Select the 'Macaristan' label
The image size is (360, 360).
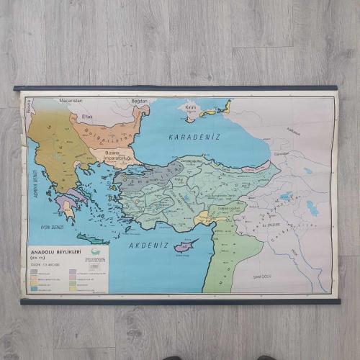click(x=72, y=102)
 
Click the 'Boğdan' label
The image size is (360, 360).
click(x=139, y=102)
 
